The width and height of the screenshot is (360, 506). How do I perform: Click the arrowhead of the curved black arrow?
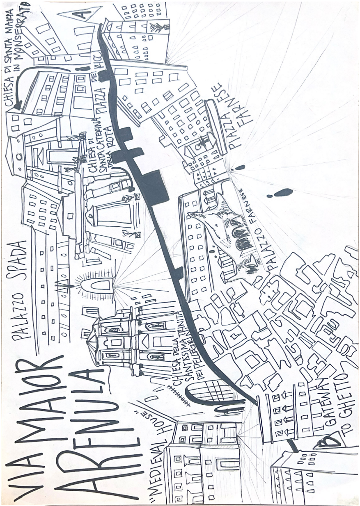pyautogui.click(x=18, y=106)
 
